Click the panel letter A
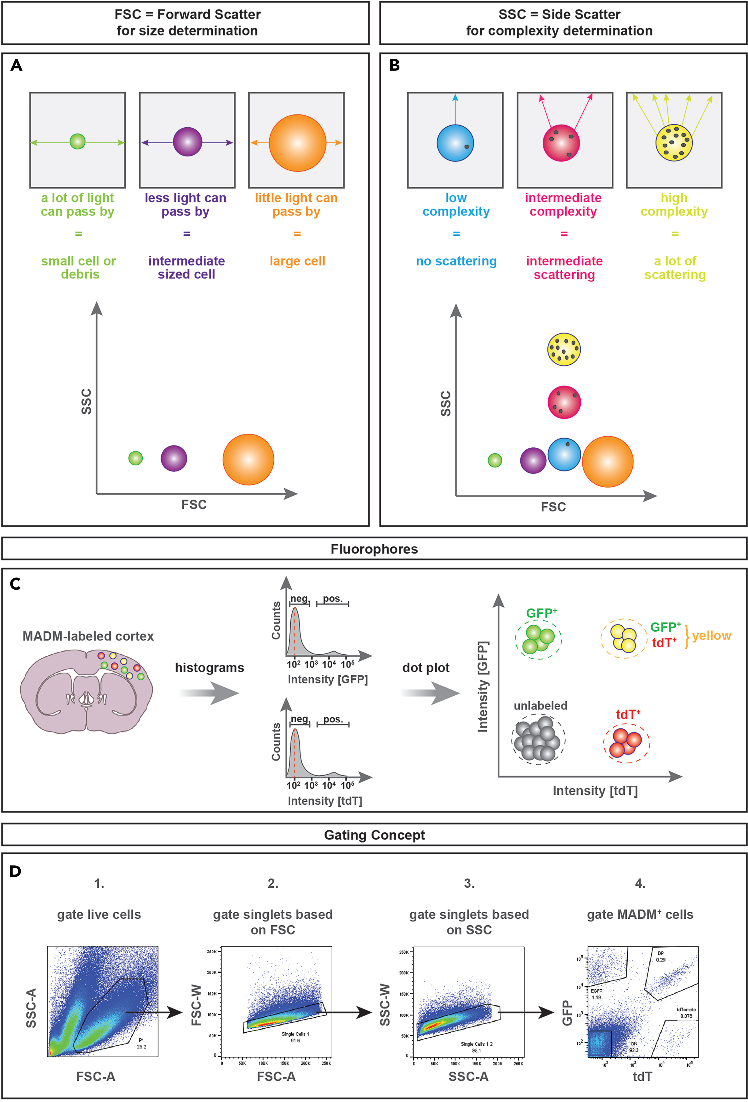16,65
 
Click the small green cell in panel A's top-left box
77,141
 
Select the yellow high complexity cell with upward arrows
673,142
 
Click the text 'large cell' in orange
297,261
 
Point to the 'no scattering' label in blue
456,261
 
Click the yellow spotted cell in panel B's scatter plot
563,349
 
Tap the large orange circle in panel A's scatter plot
248,459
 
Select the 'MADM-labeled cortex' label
88,636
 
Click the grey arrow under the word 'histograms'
209,693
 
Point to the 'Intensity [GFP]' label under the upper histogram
327,679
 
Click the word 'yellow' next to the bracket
711,635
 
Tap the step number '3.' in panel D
469,884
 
